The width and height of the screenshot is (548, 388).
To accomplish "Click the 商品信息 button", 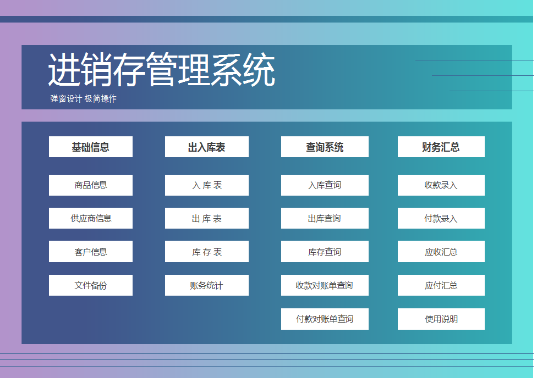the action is coord(91,185).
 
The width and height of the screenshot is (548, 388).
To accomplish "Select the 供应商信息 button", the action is coord(91,218).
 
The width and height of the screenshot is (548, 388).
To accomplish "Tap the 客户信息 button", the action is coord(91,252).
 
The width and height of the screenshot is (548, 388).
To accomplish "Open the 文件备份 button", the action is coord(91,285).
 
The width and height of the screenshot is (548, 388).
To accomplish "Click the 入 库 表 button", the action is coord(206,185).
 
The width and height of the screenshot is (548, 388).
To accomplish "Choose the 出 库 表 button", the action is coord(206,218).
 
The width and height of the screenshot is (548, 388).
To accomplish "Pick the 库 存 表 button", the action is coord(206,252).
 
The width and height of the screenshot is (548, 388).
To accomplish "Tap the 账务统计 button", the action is coord(206,285).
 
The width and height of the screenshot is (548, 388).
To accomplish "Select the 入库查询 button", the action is coord(325,185).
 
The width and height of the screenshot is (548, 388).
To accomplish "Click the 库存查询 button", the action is coord(325,252).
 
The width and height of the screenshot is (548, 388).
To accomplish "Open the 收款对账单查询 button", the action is coord(325,285).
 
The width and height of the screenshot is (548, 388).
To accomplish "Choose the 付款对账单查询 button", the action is coord(325,319).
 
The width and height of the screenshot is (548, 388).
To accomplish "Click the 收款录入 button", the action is coord(441,185).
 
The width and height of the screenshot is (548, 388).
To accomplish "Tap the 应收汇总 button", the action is coord(441,252).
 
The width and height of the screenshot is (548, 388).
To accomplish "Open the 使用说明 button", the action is coord(441,319).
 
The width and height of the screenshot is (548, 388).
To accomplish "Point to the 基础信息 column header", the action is coord(91,147).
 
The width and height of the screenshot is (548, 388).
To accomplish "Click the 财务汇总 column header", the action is coord(441,147).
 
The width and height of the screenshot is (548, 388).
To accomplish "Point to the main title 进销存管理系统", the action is coord(161,70).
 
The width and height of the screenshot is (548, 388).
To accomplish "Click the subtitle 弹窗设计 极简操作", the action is coord(83,99).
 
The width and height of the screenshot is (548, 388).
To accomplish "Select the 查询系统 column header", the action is coord(325,147).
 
